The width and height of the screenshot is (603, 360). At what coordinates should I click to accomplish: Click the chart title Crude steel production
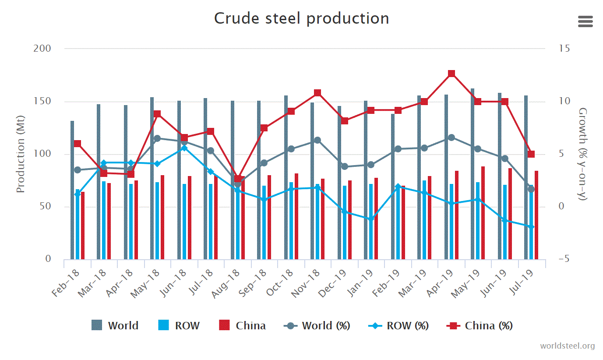(301, 18)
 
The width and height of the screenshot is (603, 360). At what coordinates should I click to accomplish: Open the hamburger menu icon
(585, 21)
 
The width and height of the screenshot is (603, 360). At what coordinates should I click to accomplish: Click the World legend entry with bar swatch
(115, 325)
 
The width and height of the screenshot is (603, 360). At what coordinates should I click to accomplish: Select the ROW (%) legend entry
(398, 325)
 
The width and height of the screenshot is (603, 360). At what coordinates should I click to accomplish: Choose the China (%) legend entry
(480, 325)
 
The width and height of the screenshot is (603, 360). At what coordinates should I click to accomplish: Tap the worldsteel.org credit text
(567, 346)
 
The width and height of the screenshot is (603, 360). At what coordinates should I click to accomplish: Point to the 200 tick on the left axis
(42, 48)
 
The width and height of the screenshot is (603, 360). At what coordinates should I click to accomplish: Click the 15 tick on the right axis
(564, 48)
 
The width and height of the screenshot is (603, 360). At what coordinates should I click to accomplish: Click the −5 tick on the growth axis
(564, 259)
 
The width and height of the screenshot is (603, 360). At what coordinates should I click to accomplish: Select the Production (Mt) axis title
(20, 154)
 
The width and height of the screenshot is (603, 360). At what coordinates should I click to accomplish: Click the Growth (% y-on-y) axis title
(582, 154)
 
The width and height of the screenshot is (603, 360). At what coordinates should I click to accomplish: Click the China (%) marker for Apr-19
(451, 74)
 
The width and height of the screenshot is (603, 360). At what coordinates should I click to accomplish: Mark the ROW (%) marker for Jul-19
(531, 226)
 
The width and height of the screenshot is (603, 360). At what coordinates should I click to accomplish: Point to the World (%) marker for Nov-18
(317, 140)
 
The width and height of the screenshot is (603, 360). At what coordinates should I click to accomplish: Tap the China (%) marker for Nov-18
(317, 93)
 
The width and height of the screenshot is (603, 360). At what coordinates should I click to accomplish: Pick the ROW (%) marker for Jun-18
(184, 148)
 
